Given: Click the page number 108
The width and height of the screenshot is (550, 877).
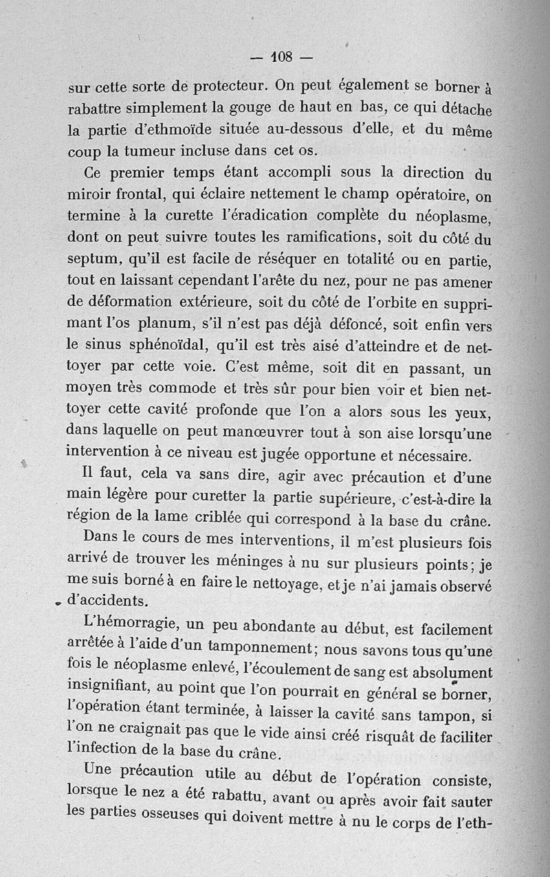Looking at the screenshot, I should [282, 56].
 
